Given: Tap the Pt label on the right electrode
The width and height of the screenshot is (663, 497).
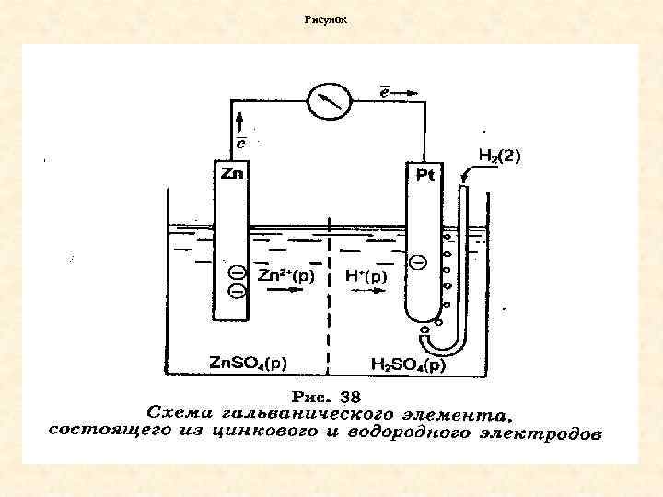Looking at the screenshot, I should tap(425, 175).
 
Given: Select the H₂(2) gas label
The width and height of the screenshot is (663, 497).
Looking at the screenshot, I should tap(498, 156).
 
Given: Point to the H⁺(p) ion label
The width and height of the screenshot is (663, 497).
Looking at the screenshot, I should tap(366, 275).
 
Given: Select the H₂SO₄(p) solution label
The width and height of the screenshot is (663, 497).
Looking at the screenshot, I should tap(407, 365).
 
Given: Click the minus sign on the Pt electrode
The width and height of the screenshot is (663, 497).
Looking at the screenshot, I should tap(417, 263).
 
